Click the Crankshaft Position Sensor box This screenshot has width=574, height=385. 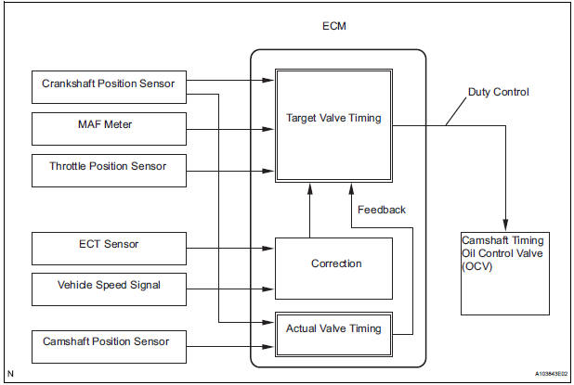coord(108,84)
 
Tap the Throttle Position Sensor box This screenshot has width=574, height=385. coord(108,168)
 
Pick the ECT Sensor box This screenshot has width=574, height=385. coord(108,245)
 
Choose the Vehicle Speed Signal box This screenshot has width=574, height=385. coord(108,286)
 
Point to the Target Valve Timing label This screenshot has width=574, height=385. coord(333,118)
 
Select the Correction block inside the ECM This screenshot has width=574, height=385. coord(335,263)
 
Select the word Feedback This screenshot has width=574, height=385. coord(381,210)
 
